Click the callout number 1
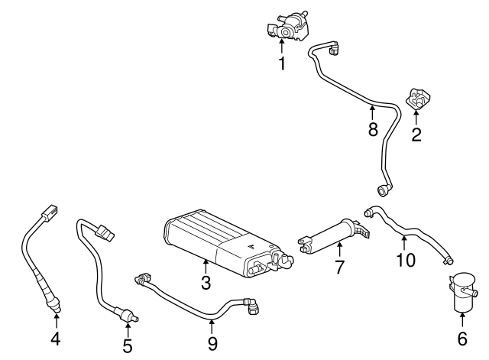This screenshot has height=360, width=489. click(x=282, y=63)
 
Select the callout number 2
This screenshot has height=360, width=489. click(x=416, y=135)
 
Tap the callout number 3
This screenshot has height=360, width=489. click(x=206, y=284)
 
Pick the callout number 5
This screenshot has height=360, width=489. click(x=127, y=345)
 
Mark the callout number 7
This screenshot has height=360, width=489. click(x=340, y=268)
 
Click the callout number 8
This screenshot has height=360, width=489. click(x=373, y=129)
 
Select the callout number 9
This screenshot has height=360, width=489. click(x=212, y=344)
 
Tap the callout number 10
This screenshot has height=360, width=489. click(x=406, y=260)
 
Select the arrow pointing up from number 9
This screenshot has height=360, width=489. click(x=212, y=325)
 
